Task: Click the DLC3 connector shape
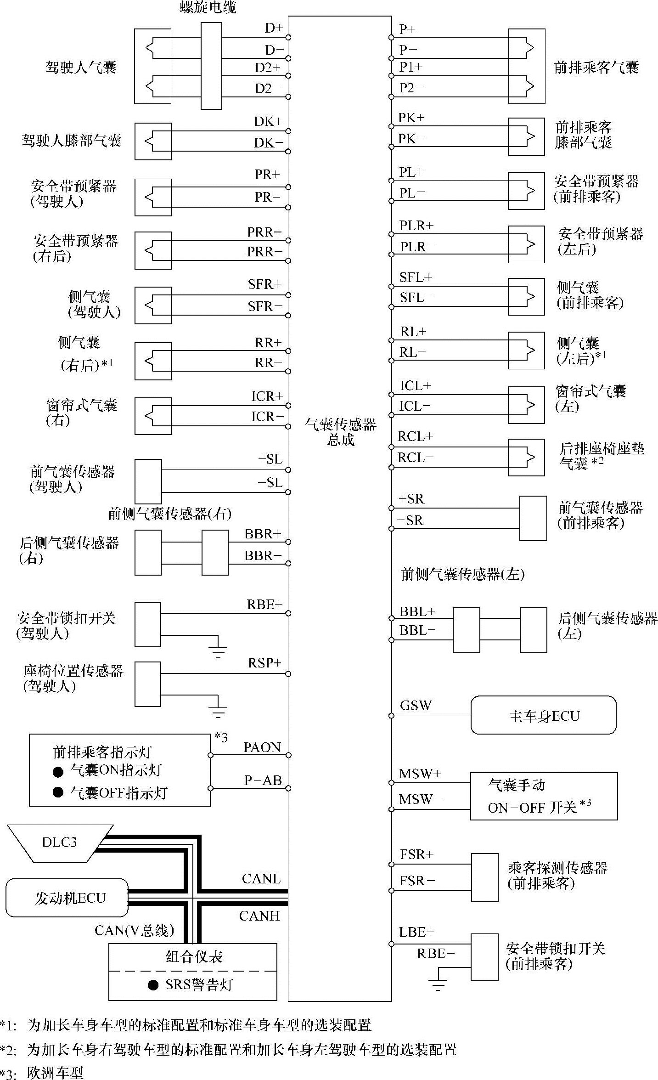(x=60, y=842)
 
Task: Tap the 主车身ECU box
(x=544, y=716)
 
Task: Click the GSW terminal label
(x=416, y=706)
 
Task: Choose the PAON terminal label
(x=262, y=747)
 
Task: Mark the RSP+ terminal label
(x=264, y=663)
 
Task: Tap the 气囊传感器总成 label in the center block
(x=341, y=432)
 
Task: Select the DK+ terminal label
(x=269, y=121)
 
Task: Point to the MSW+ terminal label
(x=420, y=774)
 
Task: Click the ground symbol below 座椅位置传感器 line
(x=218, y=712)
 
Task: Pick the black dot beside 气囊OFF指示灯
(x=58, y=792)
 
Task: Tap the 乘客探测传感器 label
(x=557, y=868)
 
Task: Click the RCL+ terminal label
(x=415, y=436)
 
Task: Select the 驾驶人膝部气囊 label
(x=72, y=140)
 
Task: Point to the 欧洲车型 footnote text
(x=56, y=1073)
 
